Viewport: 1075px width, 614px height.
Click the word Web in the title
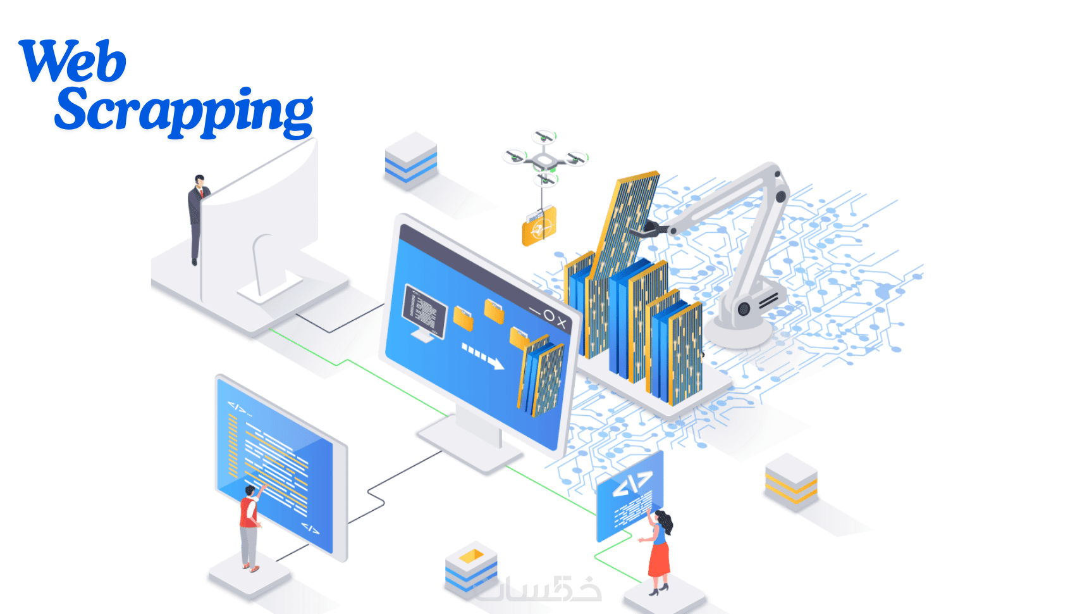point(73,61)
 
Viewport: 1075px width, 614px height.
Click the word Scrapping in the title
point(184,113)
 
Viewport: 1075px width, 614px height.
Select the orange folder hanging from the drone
point(539,226)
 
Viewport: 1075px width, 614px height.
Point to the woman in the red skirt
point(658,552)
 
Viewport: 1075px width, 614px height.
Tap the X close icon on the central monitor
point(562,323)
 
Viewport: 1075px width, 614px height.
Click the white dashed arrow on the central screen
point(482,356)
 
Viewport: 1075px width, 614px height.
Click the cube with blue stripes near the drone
point(411,160)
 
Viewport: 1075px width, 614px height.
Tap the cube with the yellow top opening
point(471,569)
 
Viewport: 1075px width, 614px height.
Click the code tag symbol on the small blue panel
point(633,484)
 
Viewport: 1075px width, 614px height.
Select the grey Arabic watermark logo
point(537,587)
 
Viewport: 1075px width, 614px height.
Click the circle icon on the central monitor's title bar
point(548,316)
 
